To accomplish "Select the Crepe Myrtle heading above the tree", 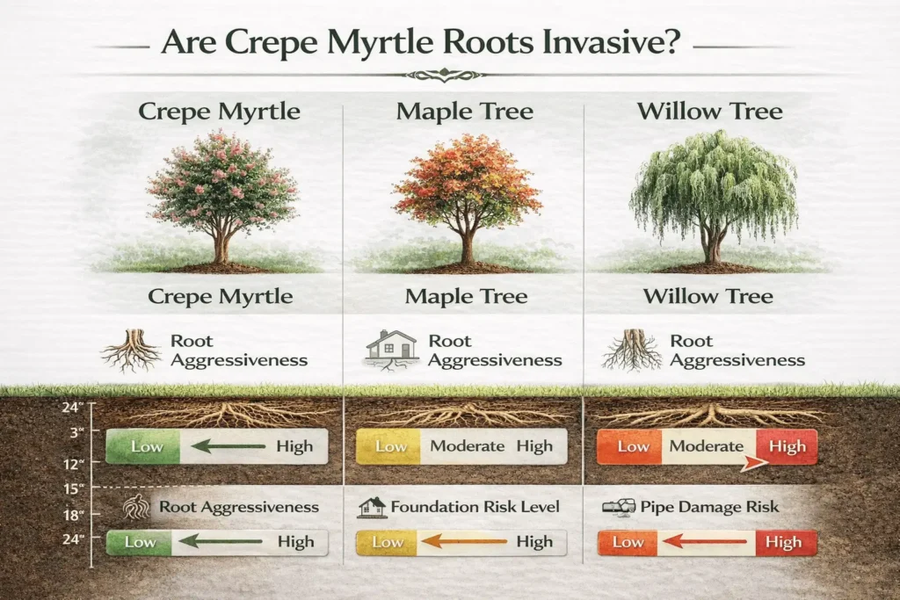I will pos(220,112).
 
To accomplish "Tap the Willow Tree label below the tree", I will pos(708,296).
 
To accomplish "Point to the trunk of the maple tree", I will pos(466,245).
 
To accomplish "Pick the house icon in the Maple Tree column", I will pos(391,348).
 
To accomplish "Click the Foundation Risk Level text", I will pos(475,507).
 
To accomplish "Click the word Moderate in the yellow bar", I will pos(467,446).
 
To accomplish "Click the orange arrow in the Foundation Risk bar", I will pos(460,542).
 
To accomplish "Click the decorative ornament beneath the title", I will pos(449,75).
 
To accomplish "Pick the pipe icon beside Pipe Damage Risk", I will pos(618,507).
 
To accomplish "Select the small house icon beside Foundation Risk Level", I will pos(373,507).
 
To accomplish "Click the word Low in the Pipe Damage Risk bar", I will pos(628,542).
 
